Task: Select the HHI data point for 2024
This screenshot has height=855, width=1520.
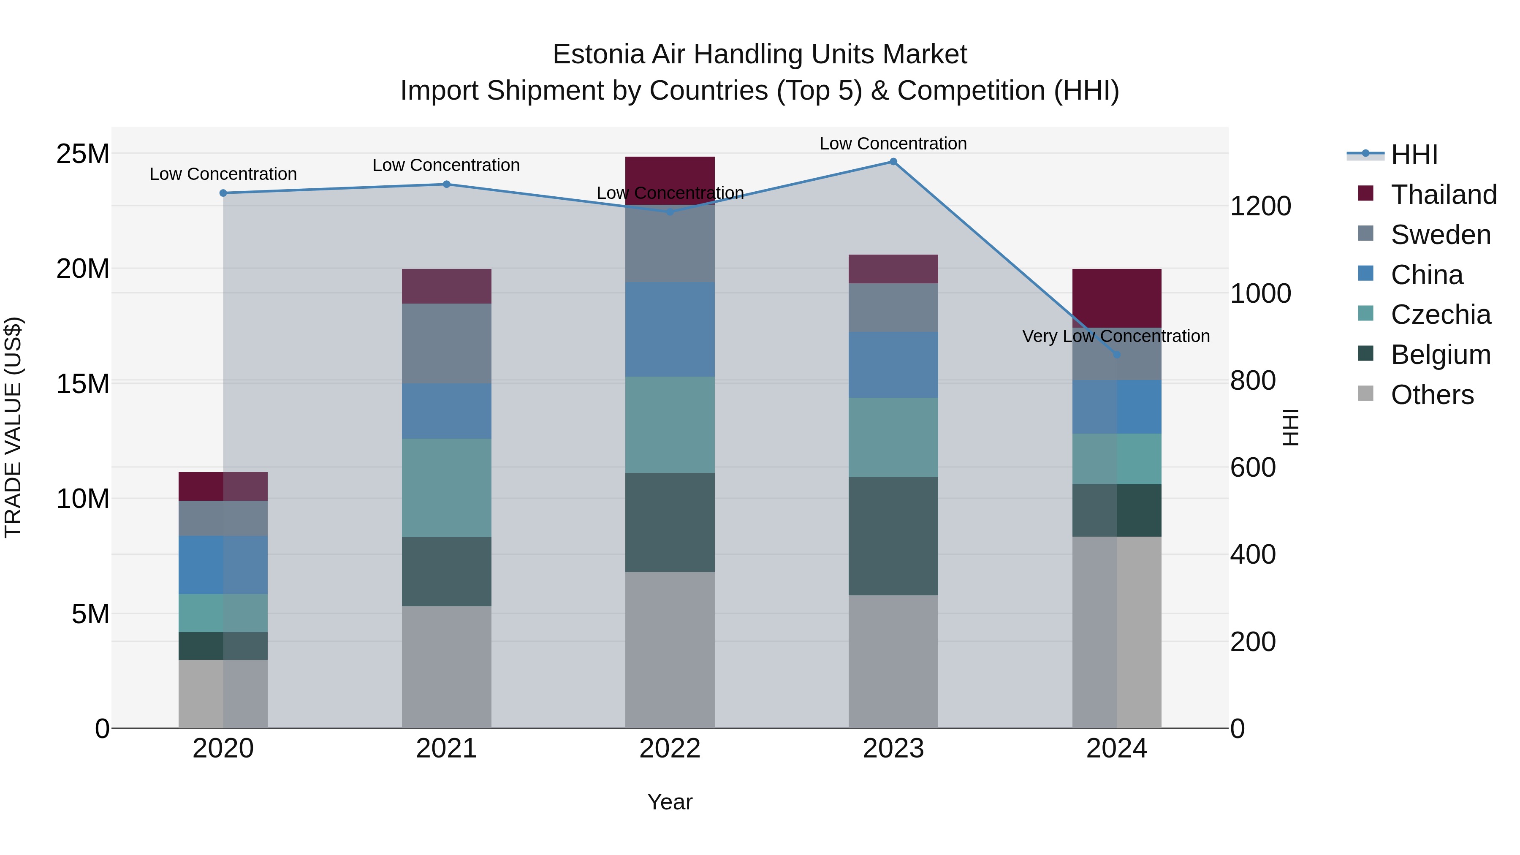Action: pyautogui.click(x=1116, y=355)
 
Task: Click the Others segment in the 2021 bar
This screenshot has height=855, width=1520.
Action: pyautogui.click(x=446, y=667)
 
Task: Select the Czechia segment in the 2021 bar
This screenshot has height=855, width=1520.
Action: pyautogui.click(x=446, y=487)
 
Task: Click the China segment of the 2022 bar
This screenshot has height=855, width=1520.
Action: pyautogui.click(x=670, y=329)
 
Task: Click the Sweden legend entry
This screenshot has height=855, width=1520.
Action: pyautogui.click(x=1440, y=235)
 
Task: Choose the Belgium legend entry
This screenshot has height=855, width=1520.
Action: pyautogui.click(x=1440, y=355)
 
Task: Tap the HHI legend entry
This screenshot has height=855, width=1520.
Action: pyautogui.click(x=1413, y=155)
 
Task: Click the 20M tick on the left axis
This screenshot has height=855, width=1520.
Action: pyautogui.click(x=83, y=269)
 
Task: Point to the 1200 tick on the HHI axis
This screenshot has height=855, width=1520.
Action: pyautogui.click(x=1260, y=206)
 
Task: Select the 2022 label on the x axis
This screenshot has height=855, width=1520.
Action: pyautogui.click(x=670, y=749)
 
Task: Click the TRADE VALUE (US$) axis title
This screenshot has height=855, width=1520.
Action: pyautogui.click(x=13, y=427)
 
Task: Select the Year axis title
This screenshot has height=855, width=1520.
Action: pyautogui.click(x=670, y=802)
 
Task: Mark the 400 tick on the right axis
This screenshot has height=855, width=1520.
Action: pyautogui.click(x=1253, y=555)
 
